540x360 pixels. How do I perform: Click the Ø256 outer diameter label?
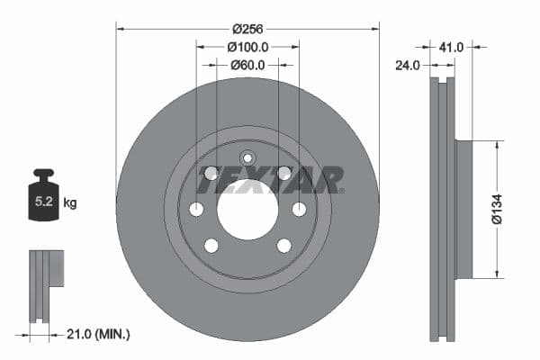[247, 28]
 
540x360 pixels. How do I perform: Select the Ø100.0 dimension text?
[247, 46]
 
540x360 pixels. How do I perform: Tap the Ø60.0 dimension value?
[247, 64]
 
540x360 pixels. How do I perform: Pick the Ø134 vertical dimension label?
[496, 209]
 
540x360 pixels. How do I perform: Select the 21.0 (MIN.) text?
[100, 334]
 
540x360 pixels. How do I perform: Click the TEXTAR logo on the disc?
[271, 180]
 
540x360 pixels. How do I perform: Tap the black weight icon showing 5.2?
[45, 192]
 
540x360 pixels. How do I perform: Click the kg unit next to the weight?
[70, 203]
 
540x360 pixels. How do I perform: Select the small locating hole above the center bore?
[247, 158]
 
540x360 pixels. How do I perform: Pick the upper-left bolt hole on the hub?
[211, 173]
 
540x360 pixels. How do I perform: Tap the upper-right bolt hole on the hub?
[283, 173]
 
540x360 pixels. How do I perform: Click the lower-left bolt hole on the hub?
[211, 245]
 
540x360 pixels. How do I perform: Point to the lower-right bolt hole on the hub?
[283, 245]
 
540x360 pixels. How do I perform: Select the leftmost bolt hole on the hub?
[196, 209]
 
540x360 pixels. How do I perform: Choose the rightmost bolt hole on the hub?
[299, 209]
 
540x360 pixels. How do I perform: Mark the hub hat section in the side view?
[463, 209]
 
